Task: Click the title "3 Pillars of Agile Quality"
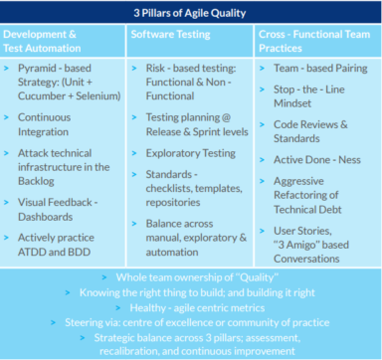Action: click(191, 13)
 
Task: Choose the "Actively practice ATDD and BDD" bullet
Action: click(62, 244)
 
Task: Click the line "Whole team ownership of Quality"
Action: click(191, 274)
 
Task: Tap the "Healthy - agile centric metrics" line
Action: click(191, 307)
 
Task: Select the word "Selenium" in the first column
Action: click(86, 97)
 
